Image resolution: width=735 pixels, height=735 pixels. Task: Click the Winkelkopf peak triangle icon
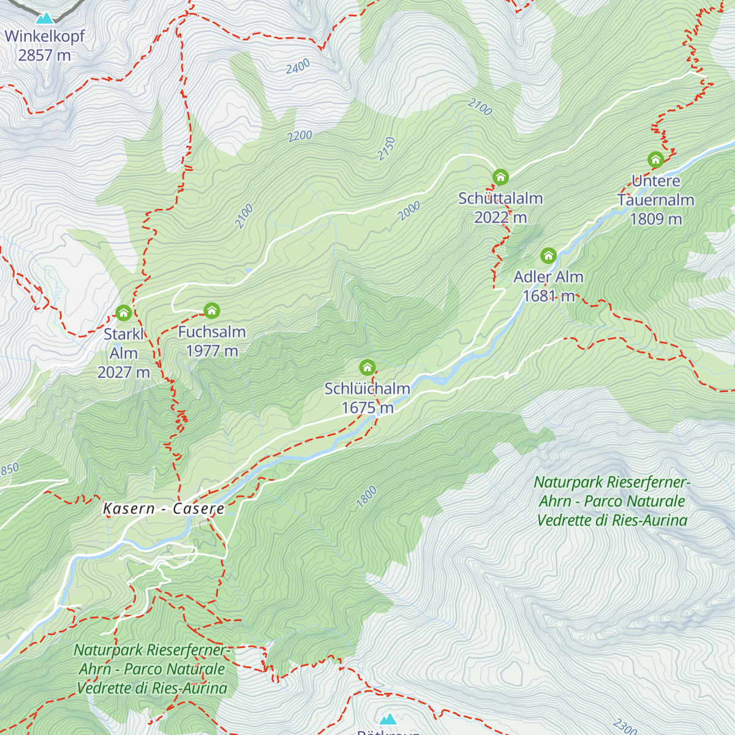[44, 18]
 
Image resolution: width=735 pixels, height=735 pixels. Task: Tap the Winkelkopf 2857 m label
[45, 45]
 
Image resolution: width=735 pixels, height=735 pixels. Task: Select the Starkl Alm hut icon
[124, 313]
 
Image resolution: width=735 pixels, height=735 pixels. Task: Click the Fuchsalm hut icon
[212, 311]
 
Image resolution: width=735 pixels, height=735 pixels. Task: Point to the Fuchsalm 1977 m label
[212, 341]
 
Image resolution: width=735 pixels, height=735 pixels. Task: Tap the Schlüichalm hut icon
[367, 367]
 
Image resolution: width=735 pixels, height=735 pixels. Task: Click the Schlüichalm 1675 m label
[367, 398]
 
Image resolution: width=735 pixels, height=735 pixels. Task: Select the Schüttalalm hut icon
[500, 178]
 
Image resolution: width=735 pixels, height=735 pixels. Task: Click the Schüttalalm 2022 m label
[500, 208]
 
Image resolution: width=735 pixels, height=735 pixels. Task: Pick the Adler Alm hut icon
[548, 255]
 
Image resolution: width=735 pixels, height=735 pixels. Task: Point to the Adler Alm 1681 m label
[548, 286]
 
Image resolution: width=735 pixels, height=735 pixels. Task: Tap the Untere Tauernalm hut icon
[655, 160]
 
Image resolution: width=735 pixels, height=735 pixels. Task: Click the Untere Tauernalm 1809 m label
[655, 200]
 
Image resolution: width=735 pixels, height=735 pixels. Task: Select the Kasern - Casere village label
[164, 508]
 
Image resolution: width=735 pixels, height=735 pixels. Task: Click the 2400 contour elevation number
[298, 67]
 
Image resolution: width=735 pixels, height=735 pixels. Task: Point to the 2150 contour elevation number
[386, 149]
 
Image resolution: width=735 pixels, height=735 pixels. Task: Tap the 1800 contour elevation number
[367, 497]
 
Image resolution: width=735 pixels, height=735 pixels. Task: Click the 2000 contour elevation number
[409, 211]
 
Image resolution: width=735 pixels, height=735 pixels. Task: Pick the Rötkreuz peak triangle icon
[388, 719]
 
